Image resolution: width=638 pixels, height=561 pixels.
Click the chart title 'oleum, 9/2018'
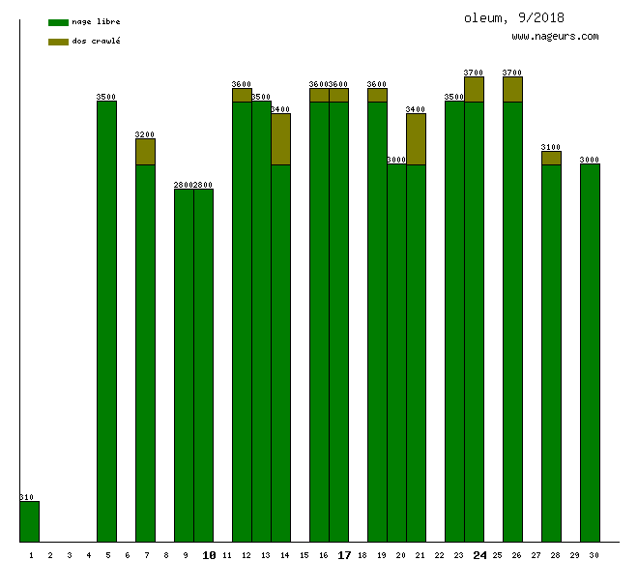tap(513, 17)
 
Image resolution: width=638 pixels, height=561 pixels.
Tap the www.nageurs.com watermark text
tap(555, 37)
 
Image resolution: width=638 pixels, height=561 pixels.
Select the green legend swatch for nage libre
tap(58, 21)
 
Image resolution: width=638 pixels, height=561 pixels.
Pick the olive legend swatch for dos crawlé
tap(58, 42)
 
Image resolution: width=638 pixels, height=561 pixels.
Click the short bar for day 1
tap(29, 521)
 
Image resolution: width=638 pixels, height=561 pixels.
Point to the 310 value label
tap(26, 497)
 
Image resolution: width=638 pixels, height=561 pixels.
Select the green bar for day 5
tap(106, 319)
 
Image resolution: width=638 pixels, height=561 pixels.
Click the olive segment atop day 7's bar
tap(145, 152)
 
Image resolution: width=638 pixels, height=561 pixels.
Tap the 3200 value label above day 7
tap(145, 134)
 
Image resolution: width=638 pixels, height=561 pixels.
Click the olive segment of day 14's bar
tap(280, 139)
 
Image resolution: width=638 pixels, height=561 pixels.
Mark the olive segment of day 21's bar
tap(416, 139)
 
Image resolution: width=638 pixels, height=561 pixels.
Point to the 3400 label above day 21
tap(416, 109)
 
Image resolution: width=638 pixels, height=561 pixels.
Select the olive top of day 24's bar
tap(474, 89)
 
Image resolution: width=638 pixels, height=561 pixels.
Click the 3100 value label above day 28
tap(551, 147)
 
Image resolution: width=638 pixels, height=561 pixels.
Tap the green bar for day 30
tap(590, 353)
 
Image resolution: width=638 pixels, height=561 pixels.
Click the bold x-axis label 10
tap(209, 555)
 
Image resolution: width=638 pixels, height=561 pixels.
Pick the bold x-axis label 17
tap(344, 555)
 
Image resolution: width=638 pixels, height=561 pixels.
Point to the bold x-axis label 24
tap(479, 555)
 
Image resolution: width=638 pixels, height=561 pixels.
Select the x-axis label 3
tap(70, 555)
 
